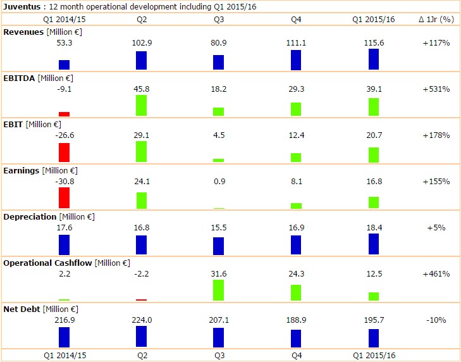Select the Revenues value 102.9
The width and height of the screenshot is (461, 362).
coord(141,42)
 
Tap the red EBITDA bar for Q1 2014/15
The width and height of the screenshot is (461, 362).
coord(64,114)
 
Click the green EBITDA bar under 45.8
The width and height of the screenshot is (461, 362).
coord(141,105)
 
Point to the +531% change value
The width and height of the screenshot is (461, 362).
coord(436,89)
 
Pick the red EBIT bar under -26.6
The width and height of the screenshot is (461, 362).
coord(64,153)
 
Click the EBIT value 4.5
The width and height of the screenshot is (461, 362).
coord(218,135)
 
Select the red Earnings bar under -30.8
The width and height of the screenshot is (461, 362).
coord(64,197)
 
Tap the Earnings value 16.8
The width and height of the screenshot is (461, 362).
coord(374,182)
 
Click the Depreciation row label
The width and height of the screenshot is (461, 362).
coord(30,216)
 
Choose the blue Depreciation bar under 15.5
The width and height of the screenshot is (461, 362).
coord(218,246)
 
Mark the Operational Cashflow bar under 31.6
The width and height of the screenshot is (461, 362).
coord(218,290)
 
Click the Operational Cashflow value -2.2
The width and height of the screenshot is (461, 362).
coord(141,274)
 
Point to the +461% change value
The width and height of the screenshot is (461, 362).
coord(436,274)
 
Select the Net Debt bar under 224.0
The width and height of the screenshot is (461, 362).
coord(141,336)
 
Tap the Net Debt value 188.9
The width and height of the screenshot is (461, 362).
coord(296,320)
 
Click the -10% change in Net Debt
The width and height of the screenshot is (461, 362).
coord(436,320)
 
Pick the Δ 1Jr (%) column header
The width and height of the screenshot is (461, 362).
coord(436,20)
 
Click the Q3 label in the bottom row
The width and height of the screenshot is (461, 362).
coord(219,355)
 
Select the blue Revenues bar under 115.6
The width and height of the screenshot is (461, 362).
coord(374,59)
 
